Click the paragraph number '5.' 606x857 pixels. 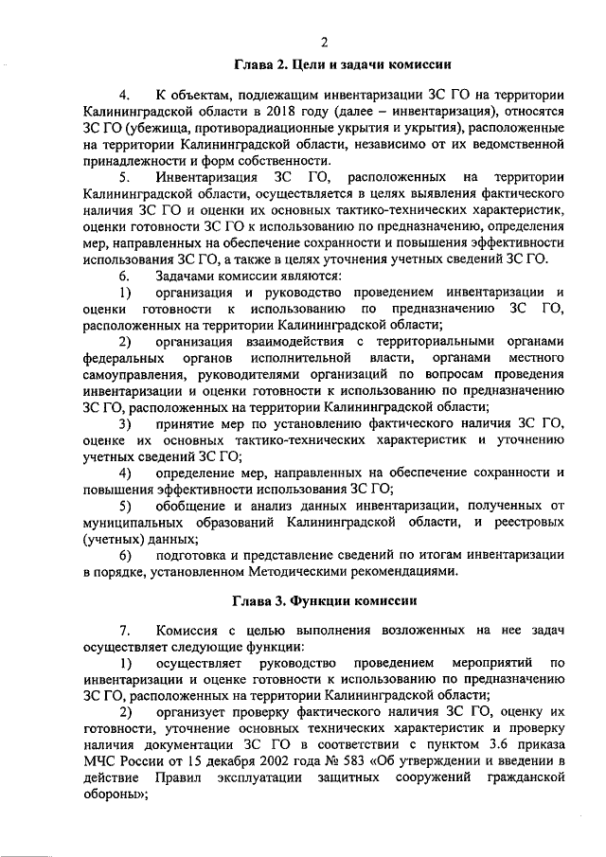125,179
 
